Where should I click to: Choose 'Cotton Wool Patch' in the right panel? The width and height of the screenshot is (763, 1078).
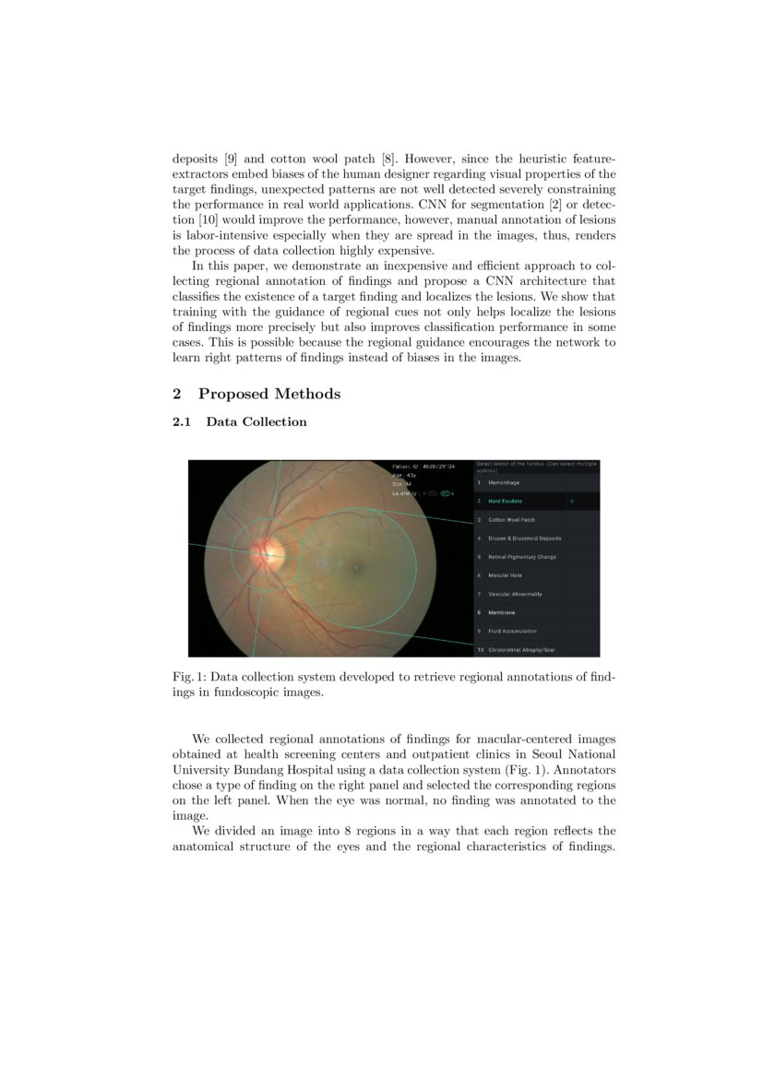tap(511, 520)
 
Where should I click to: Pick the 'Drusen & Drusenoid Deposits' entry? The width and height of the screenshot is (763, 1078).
tap(524, 539)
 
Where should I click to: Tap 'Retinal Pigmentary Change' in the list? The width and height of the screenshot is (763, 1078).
tap(521, 557)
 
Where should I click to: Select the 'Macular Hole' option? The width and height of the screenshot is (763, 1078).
tap(505, 575)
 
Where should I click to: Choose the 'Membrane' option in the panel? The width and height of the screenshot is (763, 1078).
tap(502, 612)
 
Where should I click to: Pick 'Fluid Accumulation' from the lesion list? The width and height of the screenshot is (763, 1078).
tap(512, 631)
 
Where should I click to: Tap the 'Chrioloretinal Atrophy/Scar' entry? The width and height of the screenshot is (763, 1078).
tap(521, 650)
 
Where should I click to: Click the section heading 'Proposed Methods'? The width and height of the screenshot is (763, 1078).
tap(268, 394)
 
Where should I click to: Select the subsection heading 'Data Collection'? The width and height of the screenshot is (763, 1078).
tap(256, 422)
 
